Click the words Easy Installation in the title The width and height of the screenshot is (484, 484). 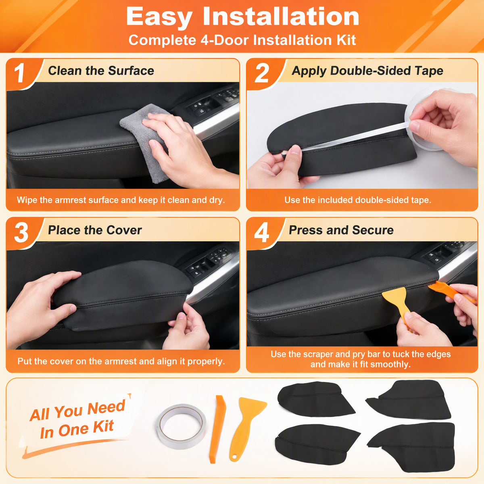[242, 17]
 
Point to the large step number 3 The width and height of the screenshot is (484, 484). [21, 232]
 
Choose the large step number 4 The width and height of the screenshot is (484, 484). [261, 232]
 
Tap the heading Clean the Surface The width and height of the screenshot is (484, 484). [101, 71]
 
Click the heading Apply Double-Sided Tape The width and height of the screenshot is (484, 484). [367, 71]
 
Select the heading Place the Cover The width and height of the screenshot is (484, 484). [95, 230]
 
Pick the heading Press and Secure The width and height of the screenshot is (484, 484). [341, 230]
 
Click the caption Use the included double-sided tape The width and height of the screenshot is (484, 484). [358, 200]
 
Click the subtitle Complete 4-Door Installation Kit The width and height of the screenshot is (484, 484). [242, 40]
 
